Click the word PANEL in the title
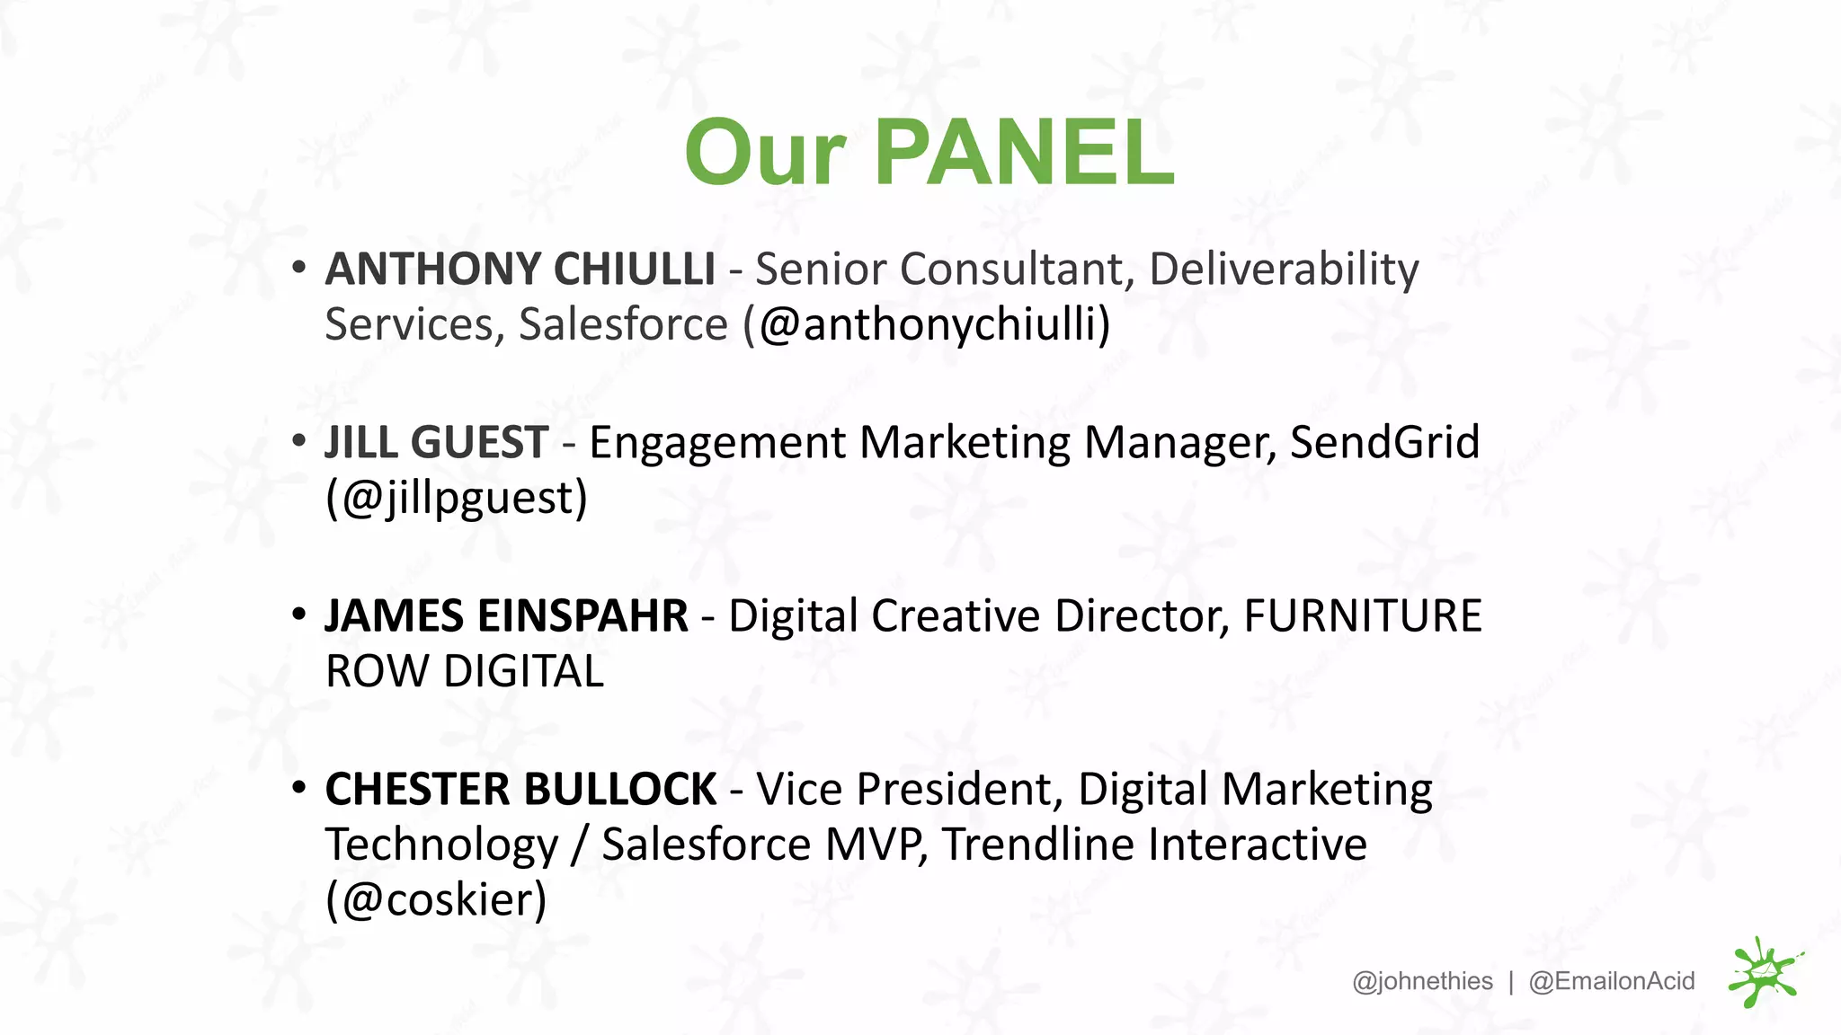(x=1025, y=153)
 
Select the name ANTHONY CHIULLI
(x=520, y=269)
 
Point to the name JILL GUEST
(x=437, y=442)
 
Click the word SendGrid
(x=1384, y=442)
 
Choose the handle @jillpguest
(x=457, y=499)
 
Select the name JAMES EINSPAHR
(x=507, y=616)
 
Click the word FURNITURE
(x=1362, y=616)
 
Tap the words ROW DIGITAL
(x=465, y=672)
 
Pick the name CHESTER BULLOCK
(x=521, y=789)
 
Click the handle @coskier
(x=437, y=900)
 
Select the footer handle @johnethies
(x=1422, y=981)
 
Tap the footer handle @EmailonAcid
(x=1612, y=981)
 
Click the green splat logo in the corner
(x=1764, y=973)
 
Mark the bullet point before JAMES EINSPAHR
(x=299, y=615)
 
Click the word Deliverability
(x=1284, y=270)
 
